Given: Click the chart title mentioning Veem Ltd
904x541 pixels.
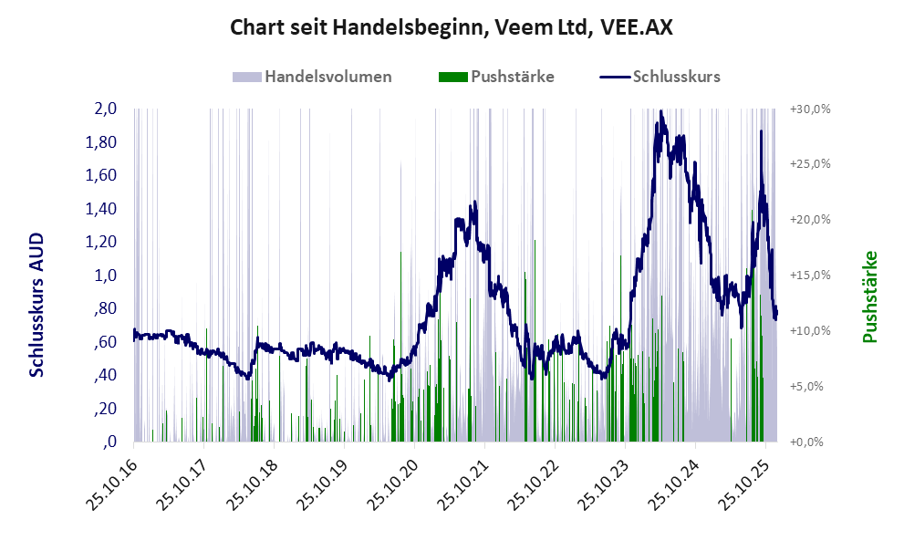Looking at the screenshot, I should pos(452,27).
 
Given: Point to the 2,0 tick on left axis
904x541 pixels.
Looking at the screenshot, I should pos(105,109).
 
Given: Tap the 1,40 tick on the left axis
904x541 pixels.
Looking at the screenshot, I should pos(100,209).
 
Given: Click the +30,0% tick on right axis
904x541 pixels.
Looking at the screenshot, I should pos(809,109).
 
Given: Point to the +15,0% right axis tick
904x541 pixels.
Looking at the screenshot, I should pos(809,276).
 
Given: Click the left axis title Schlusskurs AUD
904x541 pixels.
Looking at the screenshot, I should pos(36,304).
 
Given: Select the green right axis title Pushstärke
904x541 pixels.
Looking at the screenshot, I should pos(868,297).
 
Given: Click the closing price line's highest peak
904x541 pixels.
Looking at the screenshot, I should pos(660,111).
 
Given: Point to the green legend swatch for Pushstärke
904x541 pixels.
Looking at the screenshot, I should pos(453,77).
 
